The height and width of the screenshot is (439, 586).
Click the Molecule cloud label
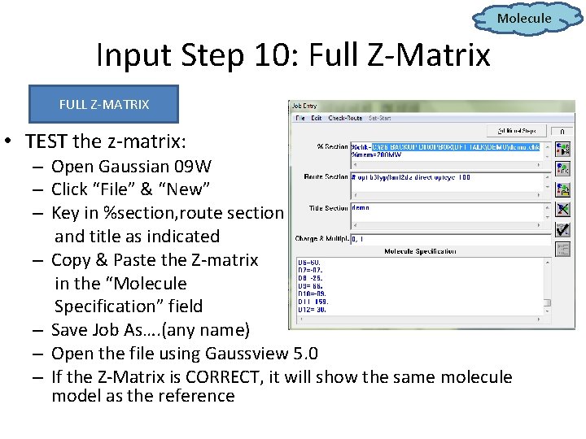click(524, 18)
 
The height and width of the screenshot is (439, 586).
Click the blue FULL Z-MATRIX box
click(103, 104)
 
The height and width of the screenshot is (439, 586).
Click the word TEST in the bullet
click(46, 141)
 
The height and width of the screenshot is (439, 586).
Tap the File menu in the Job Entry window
click(300, 118)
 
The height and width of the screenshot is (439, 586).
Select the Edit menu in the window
click(315, 118)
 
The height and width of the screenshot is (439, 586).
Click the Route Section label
click(325, 176)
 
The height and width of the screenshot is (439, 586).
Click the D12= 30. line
click(313, 309)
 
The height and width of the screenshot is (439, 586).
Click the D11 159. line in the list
click(313, 301)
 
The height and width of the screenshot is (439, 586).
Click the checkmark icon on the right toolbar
click(562, 229)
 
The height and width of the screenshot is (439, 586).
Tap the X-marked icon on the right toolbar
click(562, 210)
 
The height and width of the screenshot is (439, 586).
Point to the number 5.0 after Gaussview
click(304, 354)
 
